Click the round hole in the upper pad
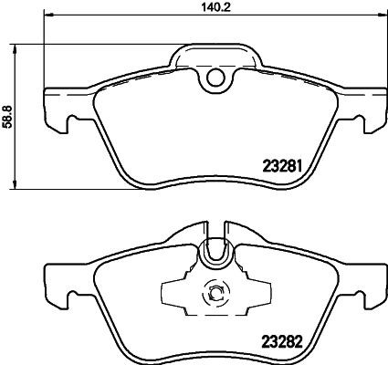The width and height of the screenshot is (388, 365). tap(215, 78)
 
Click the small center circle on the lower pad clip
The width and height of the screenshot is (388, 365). tap(216, 294)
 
